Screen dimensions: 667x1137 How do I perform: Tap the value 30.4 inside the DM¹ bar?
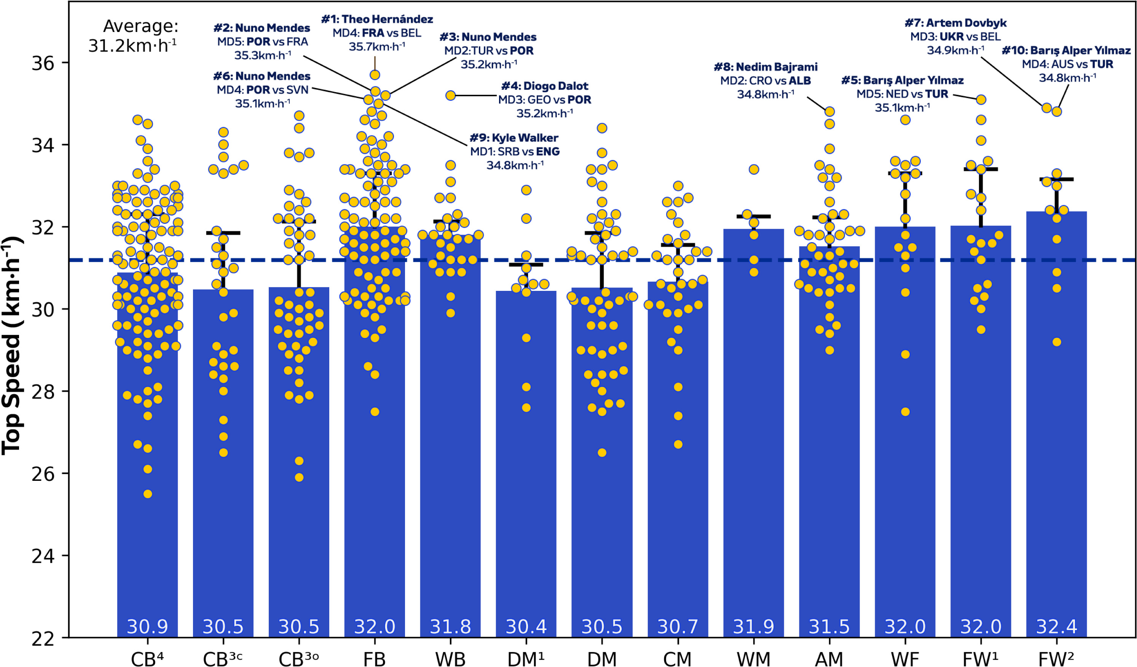526,626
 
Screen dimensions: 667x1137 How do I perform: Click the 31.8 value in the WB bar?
450,626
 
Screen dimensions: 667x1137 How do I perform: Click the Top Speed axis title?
13,345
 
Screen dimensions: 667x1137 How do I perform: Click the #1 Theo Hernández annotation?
377,32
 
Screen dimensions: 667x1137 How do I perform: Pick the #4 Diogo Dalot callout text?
545,99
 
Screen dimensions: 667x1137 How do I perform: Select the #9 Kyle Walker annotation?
514,151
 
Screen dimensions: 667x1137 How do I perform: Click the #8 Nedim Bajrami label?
765,80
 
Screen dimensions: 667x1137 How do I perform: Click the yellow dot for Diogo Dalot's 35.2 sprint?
450,96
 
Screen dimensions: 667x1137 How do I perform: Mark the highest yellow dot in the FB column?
375,75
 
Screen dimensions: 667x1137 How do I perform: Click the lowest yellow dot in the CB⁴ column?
148,494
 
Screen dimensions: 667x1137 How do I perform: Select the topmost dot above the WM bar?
753,170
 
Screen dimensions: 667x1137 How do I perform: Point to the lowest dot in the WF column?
905,412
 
